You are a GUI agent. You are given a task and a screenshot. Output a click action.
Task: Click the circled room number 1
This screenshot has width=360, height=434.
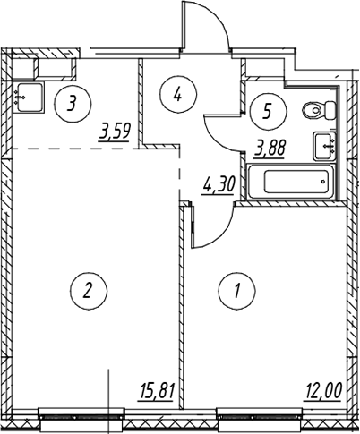[237, 291]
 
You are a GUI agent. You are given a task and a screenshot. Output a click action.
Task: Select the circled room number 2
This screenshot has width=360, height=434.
[89, 291]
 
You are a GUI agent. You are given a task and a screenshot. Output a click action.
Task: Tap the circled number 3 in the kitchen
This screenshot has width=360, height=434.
[73, 104]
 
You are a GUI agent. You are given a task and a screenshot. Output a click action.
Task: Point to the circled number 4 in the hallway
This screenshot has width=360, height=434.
[178, 95]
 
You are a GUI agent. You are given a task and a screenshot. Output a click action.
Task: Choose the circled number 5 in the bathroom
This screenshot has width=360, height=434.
[269, 111]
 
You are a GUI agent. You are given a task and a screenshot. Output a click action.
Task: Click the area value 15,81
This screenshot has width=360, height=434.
[157, 391]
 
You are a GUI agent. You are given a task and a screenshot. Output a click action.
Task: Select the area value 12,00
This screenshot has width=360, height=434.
[323, 391]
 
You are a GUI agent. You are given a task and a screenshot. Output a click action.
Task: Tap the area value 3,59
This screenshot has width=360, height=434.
[116, 132]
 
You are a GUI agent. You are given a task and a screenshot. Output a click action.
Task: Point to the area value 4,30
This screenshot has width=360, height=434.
[219, 185]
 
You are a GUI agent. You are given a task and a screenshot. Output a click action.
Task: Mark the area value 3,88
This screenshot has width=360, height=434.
[270, 149]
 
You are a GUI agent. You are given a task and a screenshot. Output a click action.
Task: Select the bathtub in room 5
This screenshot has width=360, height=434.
[291, 181]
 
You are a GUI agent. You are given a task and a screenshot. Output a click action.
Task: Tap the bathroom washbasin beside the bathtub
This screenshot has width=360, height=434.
[325, 147]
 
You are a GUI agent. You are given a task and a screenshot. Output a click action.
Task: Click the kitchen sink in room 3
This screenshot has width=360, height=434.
[29, 98]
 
